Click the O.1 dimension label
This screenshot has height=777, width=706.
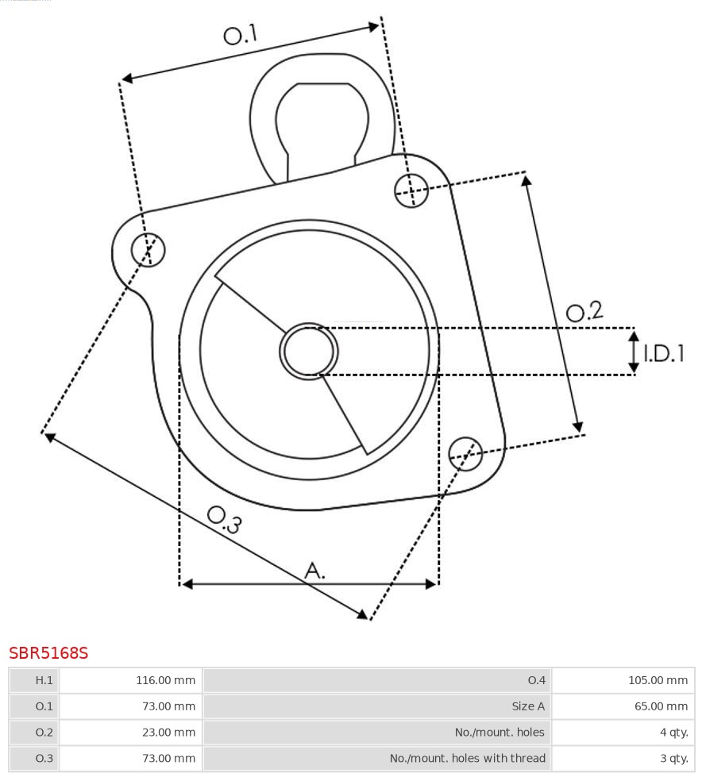click(241, 35)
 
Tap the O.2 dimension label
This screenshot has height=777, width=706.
click(584, 311)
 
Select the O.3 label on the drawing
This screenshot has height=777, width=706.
click(224, 519)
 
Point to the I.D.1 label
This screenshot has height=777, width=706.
click(663, 353)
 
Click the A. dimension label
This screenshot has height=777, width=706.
click(315, 570)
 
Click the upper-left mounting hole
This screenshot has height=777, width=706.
click(149, 250)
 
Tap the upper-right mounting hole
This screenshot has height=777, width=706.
click(411, 190)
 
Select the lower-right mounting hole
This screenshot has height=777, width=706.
click(465, 452)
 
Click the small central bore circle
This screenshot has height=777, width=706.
click(309, 351)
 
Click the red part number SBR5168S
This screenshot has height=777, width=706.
click(48, 653)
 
